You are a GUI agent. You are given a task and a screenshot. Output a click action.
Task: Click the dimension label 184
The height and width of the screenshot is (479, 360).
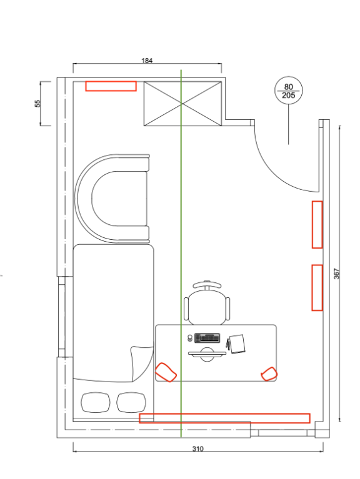point(147,61)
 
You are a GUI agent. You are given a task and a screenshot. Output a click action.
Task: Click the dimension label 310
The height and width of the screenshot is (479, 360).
point(197,449)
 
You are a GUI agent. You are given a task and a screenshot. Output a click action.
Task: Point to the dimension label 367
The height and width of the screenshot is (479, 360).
point(336,274)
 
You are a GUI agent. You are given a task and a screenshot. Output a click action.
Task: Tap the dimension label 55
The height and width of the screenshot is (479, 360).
point(37,104)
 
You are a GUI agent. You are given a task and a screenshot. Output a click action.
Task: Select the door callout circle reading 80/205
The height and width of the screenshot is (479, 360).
point(289,91)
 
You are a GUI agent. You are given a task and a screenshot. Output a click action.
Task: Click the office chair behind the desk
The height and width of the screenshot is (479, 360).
point(207,302)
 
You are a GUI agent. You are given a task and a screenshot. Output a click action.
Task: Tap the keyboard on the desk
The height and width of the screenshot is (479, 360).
point(207,338)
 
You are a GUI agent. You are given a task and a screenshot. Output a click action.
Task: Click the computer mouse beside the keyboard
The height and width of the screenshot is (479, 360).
point(190,338)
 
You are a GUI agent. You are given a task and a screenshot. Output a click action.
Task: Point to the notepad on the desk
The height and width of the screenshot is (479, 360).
point(237,344)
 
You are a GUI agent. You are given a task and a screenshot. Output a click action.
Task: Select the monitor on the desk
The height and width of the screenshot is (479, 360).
point(207,354)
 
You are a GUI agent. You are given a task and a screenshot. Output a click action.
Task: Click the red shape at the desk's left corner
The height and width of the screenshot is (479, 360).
point(166,372)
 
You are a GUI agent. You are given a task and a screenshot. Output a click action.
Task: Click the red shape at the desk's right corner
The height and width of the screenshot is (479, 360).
point(269,374)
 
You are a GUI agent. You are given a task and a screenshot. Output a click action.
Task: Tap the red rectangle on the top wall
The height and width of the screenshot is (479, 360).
point(111,86)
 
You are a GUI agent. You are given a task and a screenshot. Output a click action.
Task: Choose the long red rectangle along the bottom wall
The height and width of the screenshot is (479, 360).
point(224,418)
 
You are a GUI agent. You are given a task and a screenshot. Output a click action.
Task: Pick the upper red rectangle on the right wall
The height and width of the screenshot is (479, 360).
point(317,225)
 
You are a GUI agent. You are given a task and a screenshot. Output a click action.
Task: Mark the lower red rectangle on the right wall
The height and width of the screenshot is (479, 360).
point(317,288)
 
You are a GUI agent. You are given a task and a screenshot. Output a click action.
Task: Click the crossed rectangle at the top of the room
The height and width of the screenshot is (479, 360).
point(182,104)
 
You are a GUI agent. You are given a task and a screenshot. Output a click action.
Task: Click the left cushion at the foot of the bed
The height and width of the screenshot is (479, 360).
point(96,402)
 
